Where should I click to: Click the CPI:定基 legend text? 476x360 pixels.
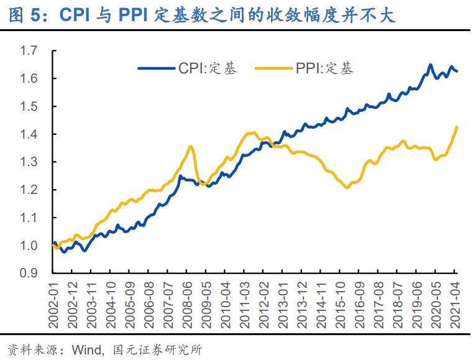point(208,68)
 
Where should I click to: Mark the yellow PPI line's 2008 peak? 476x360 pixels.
point(191,147)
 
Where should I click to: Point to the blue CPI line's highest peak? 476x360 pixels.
point(430,65)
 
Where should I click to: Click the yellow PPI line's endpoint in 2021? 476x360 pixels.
point(457,127)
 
